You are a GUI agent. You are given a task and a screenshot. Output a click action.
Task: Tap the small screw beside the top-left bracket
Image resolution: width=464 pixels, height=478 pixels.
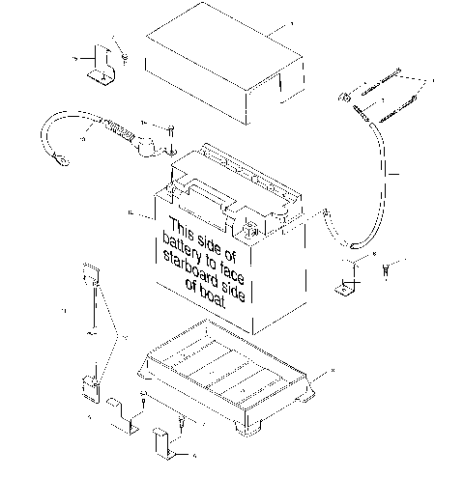coord(125,61)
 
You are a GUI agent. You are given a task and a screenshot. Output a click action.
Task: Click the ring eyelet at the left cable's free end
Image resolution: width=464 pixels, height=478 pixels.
coord(58,161)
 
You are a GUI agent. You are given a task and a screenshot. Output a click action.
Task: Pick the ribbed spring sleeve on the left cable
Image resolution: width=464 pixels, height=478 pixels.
coord(119,130)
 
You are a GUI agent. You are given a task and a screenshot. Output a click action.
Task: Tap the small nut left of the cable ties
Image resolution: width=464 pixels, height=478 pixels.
coord(343,97)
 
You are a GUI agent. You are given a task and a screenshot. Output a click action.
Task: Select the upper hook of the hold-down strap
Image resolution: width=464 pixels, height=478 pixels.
coord(92,273)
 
